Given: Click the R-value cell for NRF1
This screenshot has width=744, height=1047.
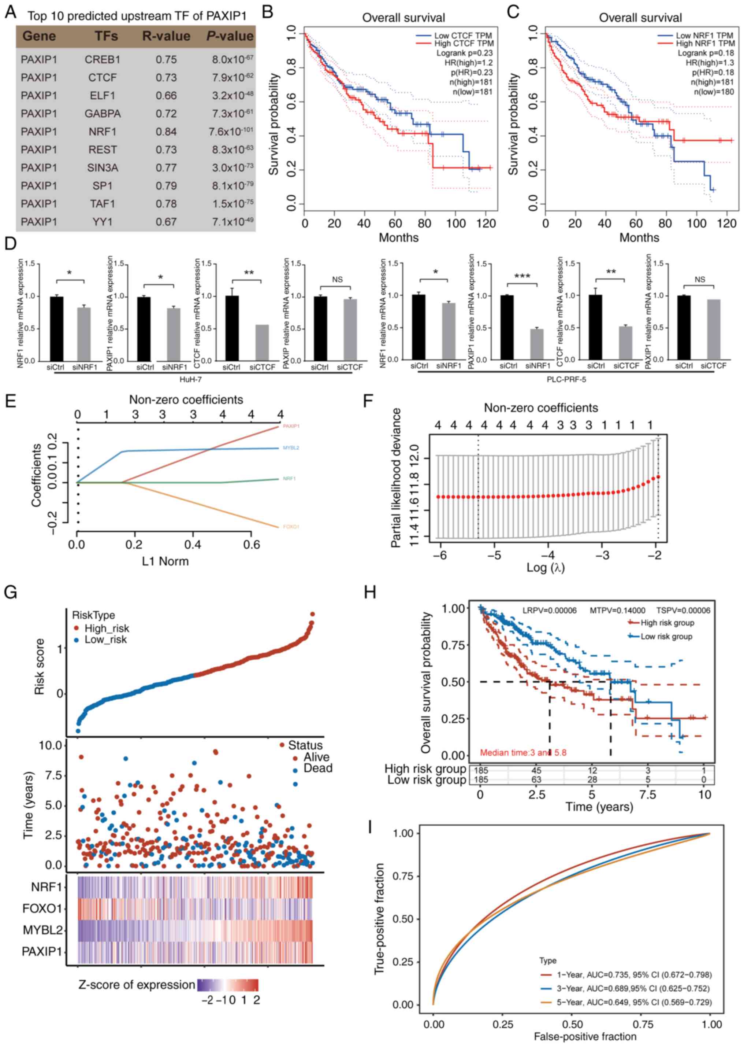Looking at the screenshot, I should (x=166, y=132).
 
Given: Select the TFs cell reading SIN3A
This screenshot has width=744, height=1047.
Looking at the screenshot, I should (x=103, y=168).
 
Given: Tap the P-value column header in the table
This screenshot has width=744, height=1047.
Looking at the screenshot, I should (x=230, y=36).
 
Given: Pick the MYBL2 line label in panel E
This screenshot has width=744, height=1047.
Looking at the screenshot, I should (x=291, y=447).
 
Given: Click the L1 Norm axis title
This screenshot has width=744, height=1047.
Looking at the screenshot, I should (x=165, y=561).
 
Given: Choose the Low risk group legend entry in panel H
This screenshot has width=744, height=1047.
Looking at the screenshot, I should (x=666, y=636).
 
